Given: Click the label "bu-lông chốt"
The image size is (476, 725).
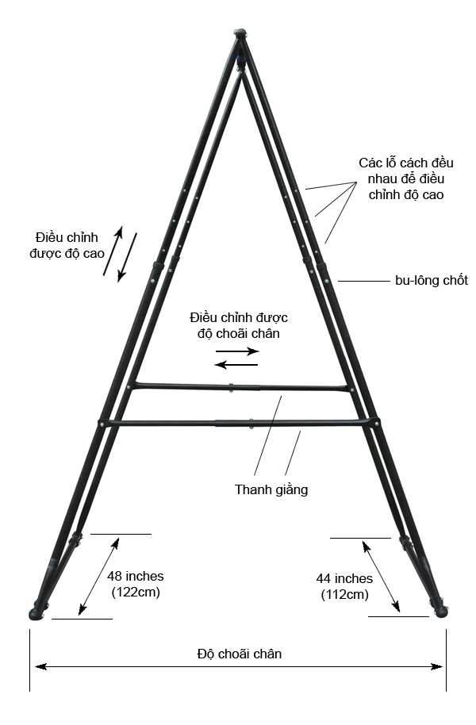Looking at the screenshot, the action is coord(431,281).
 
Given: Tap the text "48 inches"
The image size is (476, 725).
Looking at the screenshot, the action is coord(136,576).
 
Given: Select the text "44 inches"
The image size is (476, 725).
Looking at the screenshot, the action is coord(344,578).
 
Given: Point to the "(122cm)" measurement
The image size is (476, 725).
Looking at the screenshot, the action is coord(136,592).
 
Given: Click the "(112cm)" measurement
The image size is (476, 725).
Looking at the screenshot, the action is coord(345,594).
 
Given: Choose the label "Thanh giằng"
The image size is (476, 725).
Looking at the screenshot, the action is coord(271,489).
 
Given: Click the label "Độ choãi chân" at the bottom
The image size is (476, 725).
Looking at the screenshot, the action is coord(239,654).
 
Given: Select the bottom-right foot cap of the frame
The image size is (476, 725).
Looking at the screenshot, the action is coord(440,612).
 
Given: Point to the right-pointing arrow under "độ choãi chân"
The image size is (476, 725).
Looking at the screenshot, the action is coord(237,351).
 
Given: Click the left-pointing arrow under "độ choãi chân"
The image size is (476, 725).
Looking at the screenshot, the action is coord(236,365).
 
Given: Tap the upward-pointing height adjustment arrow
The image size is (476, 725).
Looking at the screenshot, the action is coord(113,251).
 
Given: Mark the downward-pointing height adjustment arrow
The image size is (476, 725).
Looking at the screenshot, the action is coord(128,257).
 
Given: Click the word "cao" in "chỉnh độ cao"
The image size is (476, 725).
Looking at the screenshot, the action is coord(432,194).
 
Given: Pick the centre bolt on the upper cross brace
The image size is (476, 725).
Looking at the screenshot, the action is coord(231,387).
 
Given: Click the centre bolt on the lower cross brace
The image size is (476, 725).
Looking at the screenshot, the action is coord(251,423).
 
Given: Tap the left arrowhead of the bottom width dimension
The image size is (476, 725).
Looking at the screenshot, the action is coord(40,667).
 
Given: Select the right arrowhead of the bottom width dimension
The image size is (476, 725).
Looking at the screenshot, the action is coord(436,667).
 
